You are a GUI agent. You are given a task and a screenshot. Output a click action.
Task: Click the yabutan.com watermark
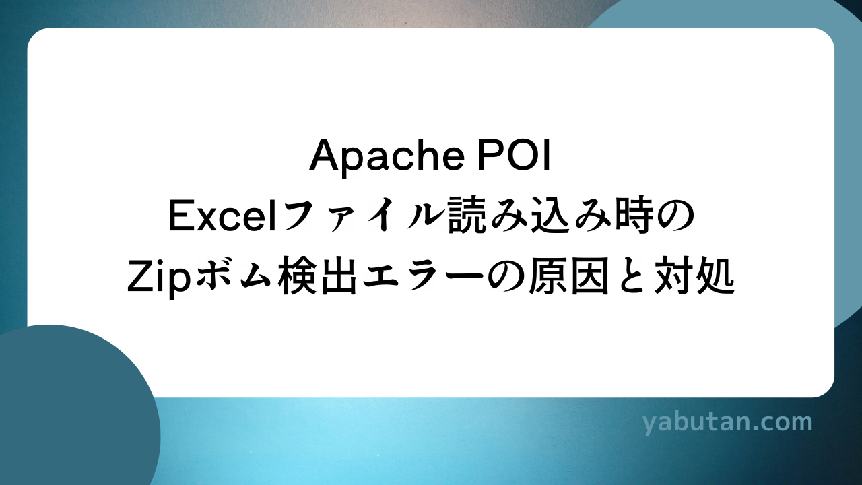tap(727, 423)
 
